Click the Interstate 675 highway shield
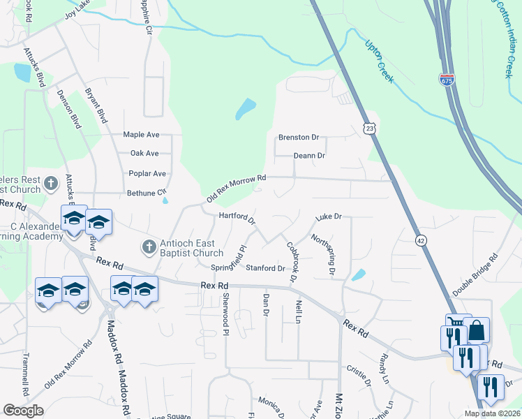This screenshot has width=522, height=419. pyautogui.click(x=447, y=80)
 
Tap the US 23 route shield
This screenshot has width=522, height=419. pyautogui.click(x=369, y=128)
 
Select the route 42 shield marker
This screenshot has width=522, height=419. pyautogui.click(x=420, y=240)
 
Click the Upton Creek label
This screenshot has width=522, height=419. pyautogui.click(x=380, y=61)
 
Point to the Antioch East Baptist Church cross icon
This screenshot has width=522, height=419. pyautogui.click(x=148, y=247)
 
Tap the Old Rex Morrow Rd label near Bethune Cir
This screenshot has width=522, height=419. pyautogui.click(x=237, y=189)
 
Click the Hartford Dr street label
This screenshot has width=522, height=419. pyautogui.click(x=238, y=218)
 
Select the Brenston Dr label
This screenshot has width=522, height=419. pyautogui.click(x=298, y=138)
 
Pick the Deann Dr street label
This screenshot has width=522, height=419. pyautogui.click(x=309, y=156)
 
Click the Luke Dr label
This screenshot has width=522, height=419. pyautogui.click(x=327, y=217)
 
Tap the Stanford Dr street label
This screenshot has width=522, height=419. pyautogui.click(x=265, y=268)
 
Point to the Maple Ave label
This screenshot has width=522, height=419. pyautogui.click(x=142, y=134)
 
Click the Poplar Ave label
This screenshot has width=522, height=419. pyautogui.click(x=147, y=173)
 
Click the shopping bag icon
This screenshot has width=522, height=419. pyautogui.click(x=476, y=330)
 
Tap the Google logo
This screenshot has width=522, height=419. pyautogui.click(x=23, y=410)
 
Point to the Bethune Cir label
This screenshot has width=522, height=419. pyautogui.click(x=147, y=192)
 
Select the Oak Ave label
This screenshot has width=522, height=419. pyautogui.click(x=144, y=153)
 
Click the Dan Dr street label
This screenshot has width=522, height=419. pyautogui.click(x=265, y=304)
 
